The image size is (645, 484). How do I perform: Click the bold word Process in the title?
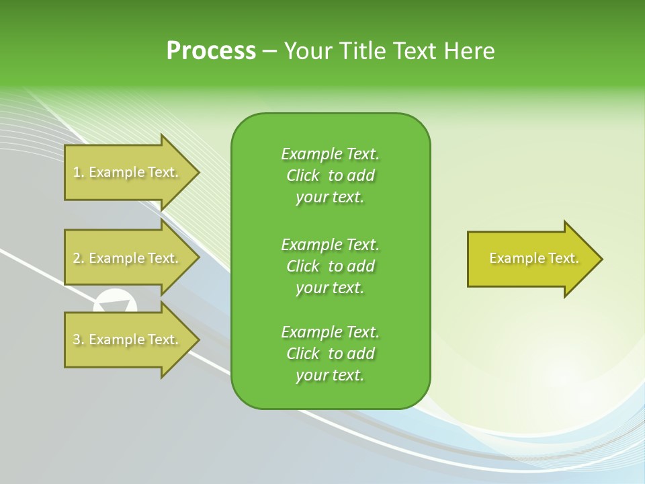pos(211,51)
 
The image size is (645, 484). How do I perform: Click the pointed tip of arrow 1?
pos(197,172)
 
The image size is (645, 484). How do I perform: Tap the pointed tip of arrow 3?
pos(197,339)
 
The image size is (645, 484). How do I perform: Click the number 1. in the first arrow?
pos(79,172)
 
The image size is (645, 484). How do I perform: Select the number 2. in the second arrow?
pos(79,258)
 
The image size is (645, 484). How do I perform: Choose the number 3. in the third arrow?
pos(79,339)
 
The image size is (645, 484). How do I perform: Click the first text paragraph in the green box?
pos(330,175)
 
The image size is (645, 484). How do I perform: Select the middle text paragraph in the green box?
pos(330,266)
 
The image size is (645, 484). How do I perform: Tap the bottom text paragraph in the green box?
pos(330,354)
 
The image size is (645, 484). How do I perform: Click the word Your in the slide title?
pos(308,51)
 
